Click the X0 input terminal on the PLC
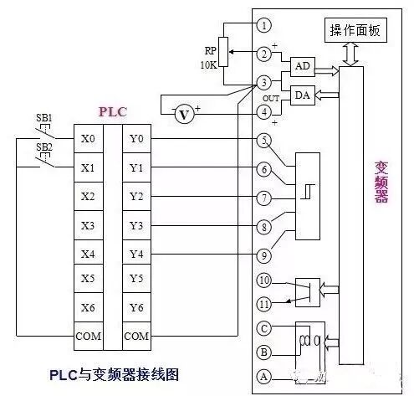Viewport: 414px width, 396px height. (89, 139)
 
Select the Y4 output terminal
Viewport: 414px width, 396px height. (137, 254)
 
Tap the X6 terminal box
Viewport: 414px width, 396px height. (89, 308)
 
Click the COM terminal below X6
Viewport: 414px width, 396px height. (89, 337)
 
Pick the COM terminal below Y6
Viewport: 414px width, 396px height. (137, 337)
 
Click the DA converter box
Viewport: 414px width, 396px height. (302, 96)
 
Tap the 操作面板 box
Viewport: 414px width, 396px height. (355, 31)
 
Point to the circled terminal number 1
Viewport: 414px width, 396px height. (264, 26)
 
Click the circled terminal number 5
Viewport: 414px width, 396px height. (264, 139)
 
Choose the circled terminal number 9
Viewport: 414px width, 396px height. (264, 255)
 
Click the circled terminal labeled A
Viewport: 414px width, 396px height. (264, 377)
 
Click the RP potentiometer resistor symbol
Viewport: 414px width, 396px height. (222, 49)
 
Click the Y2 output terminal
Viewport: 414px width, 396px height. (137, 197)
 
